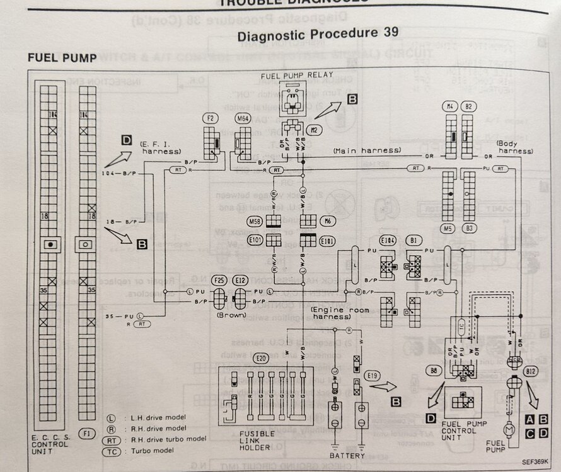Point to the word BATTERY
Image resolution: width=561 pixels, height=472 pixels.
(x=347, y=455)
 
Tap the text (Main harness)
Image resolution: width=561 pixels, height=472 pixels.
(x=359, y=150)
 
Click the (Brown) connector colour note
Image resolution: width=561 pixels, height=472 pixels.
(x=229, y=313)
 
